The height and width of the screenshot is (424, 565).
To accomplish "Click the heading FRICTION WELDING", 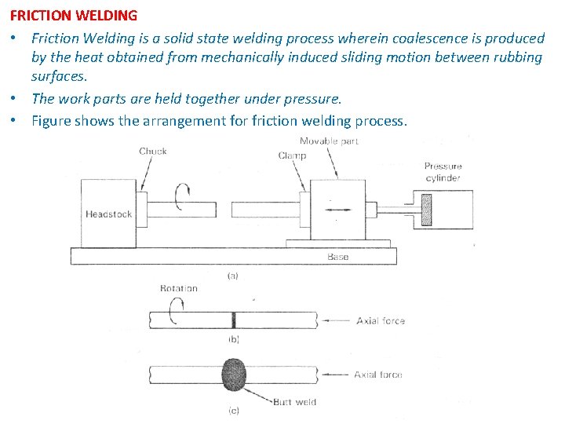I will coord(74,16).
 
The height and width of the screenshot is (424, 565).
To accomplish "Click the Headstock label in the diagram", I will coord(108,214).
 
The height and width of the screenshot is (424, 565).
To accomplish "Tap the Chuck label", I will coord(153,152).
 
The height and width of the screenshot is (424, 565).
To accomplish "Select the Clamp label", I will coord(292,155).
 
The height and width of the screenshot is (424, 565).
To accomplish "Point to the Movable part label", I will coord(330,141).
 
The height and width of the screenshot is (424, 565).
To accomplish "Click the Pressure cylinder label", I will coord(443,172).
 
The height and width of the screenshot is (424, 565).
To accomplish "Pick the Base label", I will coord(337,257).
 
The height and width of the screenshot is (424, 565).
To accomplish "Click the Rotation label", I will coord(179,288).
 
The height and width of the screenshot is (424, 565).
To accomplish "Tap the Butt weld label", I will coord(294,402).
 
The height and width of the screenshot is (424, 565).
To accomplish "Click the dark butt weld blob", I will coord(235,375).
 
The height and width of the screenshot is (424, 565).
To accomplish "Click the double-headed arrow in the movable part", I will coord(337,210).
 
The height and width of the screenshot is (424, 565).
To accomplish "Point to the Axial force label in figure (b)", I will coord(381,320).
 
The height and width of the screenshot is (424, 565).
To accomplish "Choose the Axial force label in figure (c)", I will coord(378,375).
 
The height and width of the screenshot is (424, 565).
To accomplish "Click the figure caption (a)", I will coord(233,276).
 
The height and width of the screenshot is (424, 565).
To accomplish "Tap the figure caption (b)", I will coord(233,339).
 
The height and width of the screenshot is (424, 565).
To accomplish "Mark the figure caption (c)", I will coord(233,410).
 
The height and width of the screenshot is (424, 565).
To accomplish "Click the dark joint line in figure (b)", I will coord(233,320).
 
